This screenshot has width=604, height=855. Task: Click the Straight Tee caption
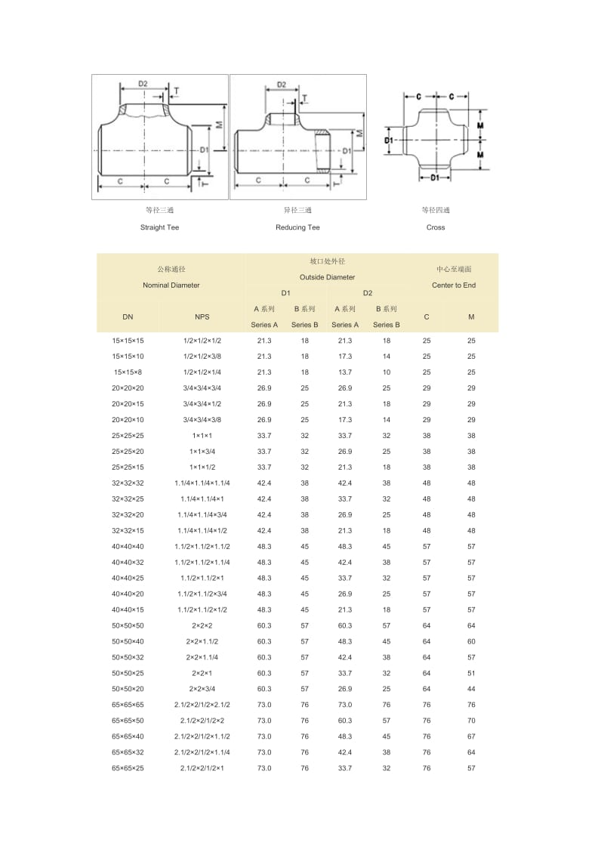pyautogui.click(x=159, y=227)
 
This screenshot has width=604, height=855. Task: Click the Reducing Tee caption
pyautogui.click(x=297, y=227)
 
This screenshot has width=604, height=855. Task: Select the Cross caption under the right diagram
pyautogui.click(x=436, y=227)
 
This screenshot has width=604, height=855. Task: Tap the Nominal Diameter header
pyautogui.click(x=171, y=286)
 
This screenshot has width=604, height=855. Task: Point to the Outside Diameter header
pyautogui.click(x=327, y=277)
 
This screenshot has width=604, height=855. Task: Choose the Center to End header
pyautogui.click(x=454, y=286)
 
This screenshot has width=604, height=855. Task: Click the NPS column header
pyautogui.click(x=202, y=317)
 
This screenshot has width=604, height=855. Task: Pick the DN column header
pyautogui.click(x=128, y=317)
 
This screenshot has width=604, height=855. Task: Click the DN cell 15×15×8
pyautogui.click(x=128, y=372)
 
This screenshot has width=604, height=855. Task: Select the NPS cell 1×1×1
pyautogui.click(x=202, y=436)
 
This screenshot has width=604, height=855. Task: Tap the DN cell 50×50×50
pyautogui.click(x=128, y=626)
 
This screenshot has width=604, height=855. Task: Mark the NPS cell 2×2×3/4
pyautogui.click(x=202, y=690)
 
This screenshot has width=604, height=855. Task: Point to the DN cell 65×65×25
pyautogui.click(x=128, y=768)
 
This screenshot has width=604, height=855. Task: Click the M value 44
pyautogui.click(x=471, y=690)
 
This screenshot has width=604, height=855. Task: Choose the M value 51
pyautogui.click(x=471, y=674)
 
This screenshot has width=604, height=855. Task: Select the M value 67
pyautogui.click(x=471, y=736)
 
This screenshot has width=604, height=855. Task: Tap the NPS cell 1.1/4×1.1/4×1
pyautogui.click(x=202, y=499)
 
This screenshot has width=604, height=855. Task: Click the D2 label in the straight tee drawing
pyautogui.click(x=143, y=83)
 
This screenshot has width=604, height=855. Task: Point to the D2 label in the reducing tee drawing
pyautogui.click(x=282, y=85)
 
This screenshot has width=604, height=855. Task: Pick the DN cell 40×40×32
pyautogui.click(x=128, y=563)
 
